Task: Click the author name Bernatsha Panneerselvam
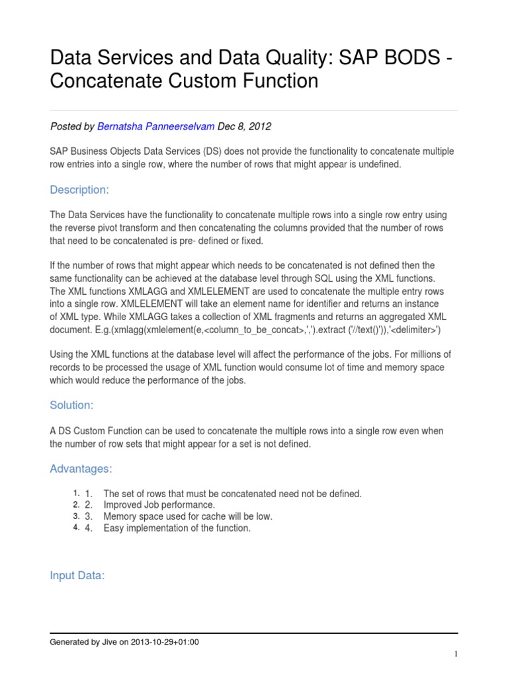coord(146,126)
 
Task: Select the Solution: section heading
coord(71,405)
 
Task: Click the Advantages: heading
coord(81,469)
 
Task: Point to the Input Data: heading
coord(77,576)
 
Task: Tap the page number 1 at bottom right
coord(456,655)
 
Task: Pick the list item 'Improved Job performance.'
coord(159,505)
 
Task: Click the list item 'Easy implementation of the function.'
coord(177,528)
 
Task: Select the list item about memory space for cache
coord(188,516)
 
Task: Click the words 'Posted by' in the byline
coord(72,126)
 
